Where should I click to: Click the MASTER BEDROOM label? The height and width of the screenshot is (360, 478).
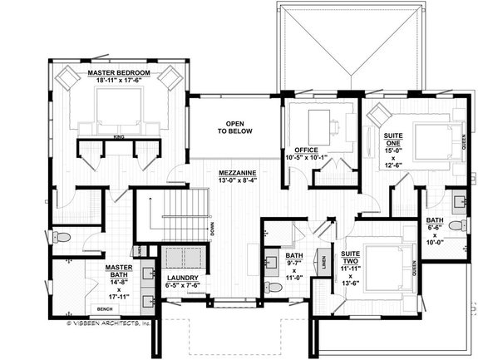tap(119, 73)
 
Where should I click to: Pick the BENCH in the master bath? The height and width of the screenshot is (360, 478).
tap(104, 308)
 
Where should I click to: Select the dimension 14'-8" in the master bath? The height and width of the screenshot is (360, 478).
tap(120, 283)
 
